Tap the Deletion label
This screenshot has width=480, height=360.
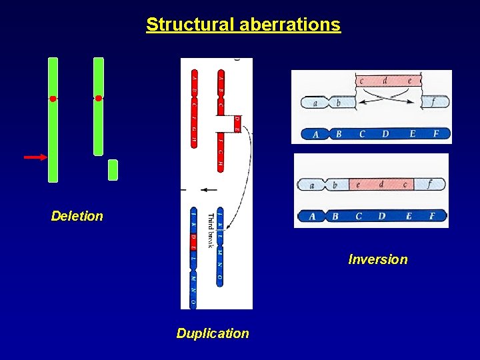pos(77,216)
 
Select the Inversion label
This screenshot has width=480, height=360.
pos(378,259)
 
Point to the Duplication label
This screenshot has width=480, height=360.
pos(213,333)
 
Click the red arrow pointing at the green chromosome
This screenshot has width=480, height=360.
pos(35,157)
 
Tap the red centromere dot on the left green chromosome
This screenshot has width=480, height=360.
pos(53,99)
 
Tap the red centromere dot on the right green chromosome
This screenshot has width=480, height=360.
pos(99,98)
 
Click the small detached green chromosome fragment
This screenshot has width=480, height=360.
pos(113,170)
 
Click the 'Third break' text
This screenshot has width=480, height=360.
pos(210,230)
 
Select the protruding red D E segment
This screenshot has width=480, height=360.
pos(237,123)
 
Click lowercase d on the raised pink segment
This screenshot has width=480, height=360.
pos(385,81)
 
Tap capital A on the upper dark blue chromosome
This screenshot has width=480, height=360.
pos(316,134)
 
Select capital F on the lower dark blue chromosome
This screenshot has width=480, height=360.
pos(432,216)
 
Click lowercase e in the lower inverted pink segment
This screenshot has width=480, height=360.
pos(358,184)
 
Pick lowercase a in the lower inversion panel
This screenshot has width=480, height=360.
pos(311,185)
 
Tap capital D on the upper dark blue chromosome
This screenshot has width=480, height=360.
pos(385,134)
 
